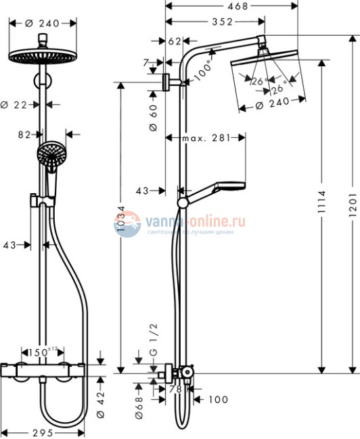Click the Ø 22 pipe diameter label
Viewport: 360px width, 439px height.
tap(16, 105)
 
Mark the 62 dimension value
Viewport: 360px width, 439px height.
tap(175, 41)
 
